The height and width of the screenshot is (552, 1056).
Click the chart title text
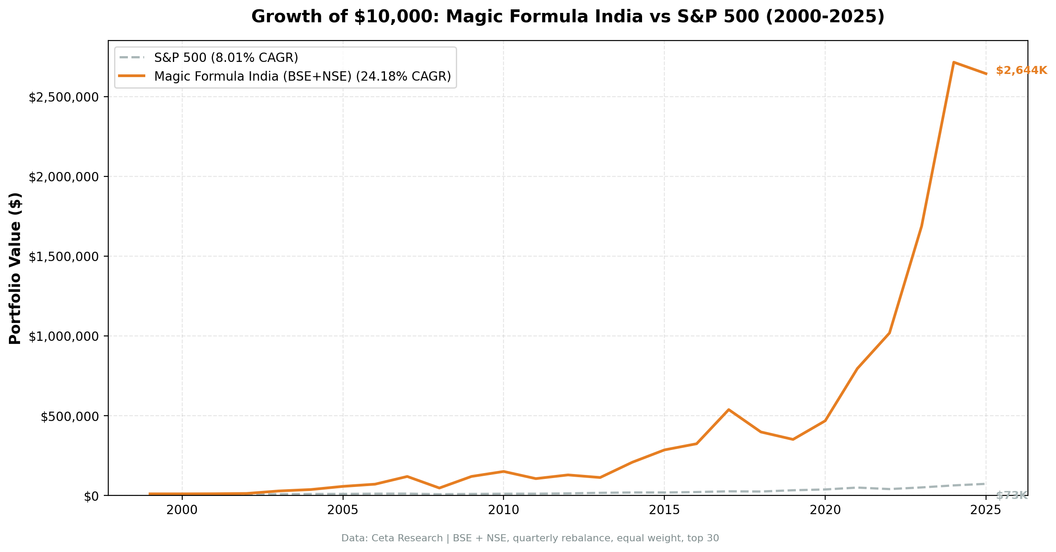click(568, 17)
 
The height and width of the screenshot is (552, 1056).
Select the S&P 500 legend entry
click(225, 57)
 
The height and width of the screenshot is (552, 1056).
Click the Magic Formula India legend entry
click(302, 77)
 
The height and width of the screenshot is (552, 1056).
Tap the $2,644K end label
click(1021, 70)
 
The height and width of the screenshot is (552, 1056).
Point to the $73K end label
click(1011, 495)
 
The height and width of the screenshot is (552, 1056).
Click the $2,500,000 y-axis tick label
click(63, 97)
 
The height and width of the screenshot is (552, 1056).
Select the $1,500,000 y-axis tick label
click(63, 257)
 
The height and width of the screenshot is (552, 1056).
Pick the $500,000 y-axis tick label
click(69, 417)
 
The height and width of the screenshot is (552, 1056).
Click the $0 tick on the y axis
click(91, 496)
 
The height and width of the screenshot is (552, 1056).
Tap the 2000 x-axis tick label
click(182, 511)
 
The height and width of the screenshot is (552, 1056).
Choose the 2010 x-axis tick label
click(503, 511)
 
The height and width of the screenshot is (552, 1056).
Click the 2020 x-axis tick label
click(825, 511)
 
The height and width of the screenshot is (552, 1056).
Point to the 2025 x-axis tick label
click(986, 511)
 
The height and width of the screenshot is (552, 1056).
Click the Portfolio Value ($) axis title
click(16, 268)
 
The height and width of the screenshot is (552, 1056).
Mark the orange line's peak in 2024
click(953, 62)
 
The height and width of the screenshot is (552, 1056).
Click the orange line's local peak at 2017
click(729, 409)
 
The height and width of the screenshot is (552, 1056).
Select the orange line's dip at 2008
click(439, 488)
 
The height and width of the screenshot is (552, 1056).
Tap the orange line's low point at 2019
click(793, 439)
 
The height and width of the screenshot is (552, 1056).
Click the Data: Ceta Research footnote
click(530, 538)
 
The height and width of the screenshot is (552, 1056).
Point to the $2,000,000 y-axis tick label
click(63, 177)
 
